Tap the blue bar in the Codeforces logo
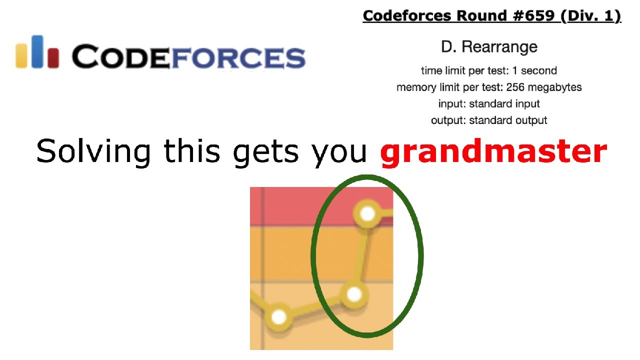click(x=37, y=51)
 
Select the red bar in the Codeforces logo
click(x=52, y=57)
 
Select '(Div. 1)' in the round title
click(x=590, y=16)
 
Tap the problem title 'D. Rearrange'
click(x=489, y=47)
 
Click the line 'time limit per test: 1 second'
click(x=488, y=70)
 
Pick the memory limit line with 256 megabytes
click(x=488, y=87)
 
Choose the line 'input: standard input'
click(x=488, y=103)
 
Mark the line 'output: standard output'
click(x=488, y=120)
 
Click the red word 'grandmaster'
click(x=493, y=151)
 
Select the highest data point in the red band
click(x=367, y=214)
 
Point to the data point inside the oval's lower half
click(x=354, y=294)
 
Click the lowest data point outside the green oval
click(x=278, y=316)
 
